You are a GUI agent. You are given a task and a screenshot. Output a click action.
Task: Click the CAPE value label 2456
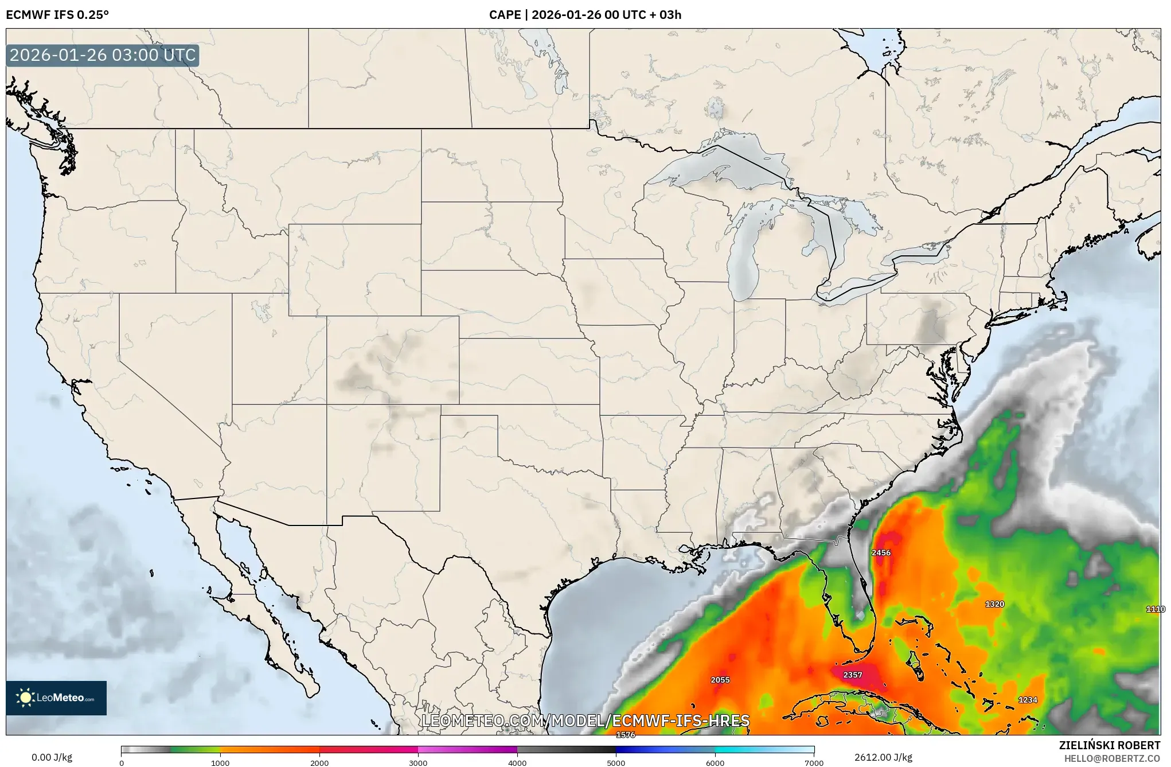(881, 552)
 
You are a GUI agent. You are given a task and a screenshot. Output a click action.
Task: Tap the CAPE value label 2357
(852, 675)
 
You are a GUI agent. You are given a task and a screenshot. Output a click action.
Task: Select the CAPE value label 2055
(720, 680)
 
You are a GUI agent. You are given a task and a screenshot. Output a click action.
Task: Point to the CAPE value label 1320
(994, 604)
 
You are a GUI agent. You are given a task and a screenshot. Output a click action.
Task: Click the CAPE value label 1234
(1028, 700)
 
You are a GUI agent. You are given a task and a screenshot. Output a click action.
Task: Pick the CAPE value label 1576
(625, 735)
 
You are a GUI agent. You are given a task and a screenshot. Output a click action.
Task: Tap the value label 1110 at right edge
(1155, 609)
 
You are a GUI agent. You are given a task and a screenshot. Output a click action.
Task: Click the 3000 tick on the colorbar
(418, 763)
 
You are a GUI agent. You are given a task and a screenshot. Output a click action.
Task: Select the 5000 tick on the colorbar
(616, 763)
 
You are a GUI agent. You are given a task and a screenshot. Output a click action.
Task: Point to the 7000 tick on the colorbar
(814, 763)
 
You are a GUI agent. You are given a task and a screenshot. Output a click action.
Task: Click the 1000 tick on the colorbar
(220, 763)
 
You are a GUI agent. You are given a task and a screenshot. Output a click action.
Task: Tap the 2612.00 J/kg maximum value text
(883, 757)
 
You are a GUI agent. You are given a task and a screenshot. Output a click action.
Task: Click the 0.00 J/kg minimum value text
(52, 757)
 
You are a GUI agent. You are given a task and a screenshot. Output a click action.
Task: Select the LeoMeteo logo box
(56, 698)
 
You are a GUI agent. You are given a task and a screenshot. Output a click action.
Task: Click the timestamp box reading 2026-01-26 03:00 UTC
(103, 56)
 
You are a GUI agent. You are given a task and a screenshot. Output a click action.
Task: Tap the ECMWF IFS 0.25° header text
(57, 15)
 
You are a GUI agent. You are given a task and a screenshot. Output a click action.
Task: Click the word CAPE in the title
(505, 15)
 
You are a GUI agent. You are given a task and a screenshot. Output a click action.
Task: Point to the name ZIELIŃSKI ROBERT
(1109, 745)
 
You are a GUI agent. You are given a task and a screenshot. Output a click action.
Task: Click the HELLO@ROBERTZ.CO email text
(1112, 758)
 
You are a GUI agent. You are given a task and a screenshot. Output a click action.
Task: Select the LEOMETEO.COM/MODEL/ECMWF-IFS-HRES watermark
(585, 721)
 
